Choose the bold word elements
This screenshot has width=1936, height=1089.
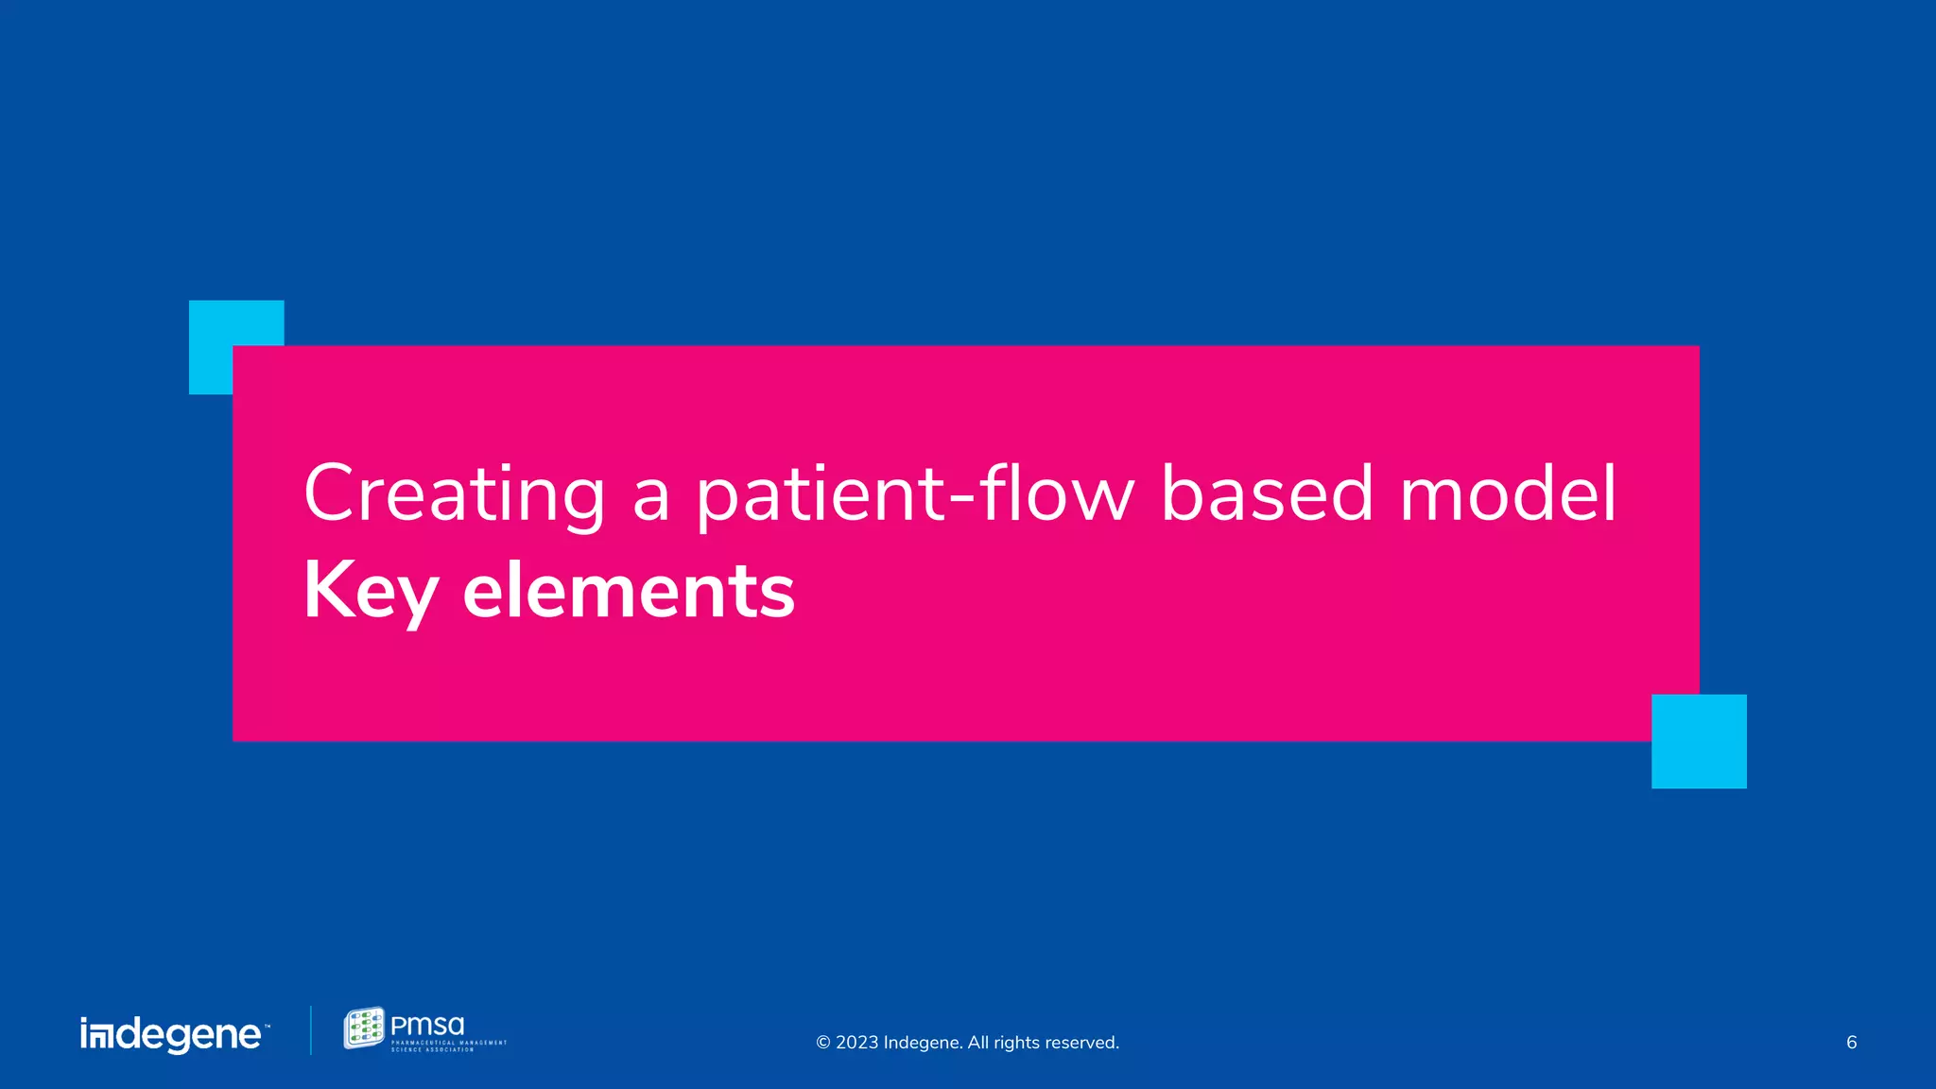pyautogui.click(x=629, y=592)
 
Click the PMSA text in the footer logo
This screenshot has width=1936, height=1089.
pyautogui.click(x=427, y=1026)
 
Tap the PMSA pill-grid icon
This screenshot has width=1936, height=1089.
pyautogui.click(x=364, y=1028)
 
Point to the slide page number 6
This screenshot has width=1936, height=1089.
pyautogui.click(x=1851, y=1043)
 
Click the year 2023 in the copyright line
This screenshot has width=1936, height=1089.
pyautogui.click(x=856, y=1043)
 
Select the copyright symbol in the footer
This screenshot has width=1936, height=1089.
pyautogui.click(x=822, y=1043)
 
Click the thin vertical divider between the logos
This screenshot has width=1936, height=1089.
pyautogui.click(x=311, y=1030)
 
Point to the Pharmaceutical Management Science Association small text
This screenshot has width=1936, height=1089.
pyautogui.click(x=449, y=1046)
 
